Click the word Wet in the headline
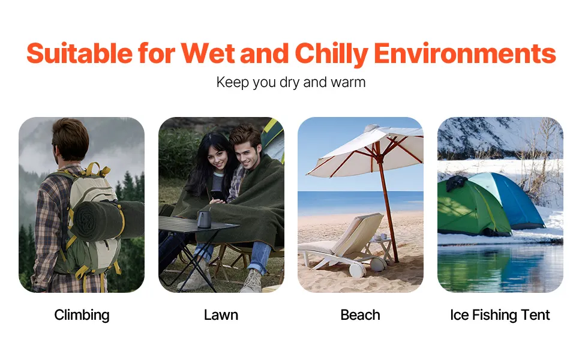point(208,53)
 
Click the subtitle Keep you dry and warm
point(291,82)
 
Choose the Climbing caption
point(82,315)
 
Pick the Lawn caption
point(221,315)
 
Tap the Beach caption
point(360,315)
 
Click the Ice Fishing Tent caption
point(500,315)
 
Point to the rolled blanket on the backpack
point(107,220)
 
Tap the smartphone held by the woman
point(217,195)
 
